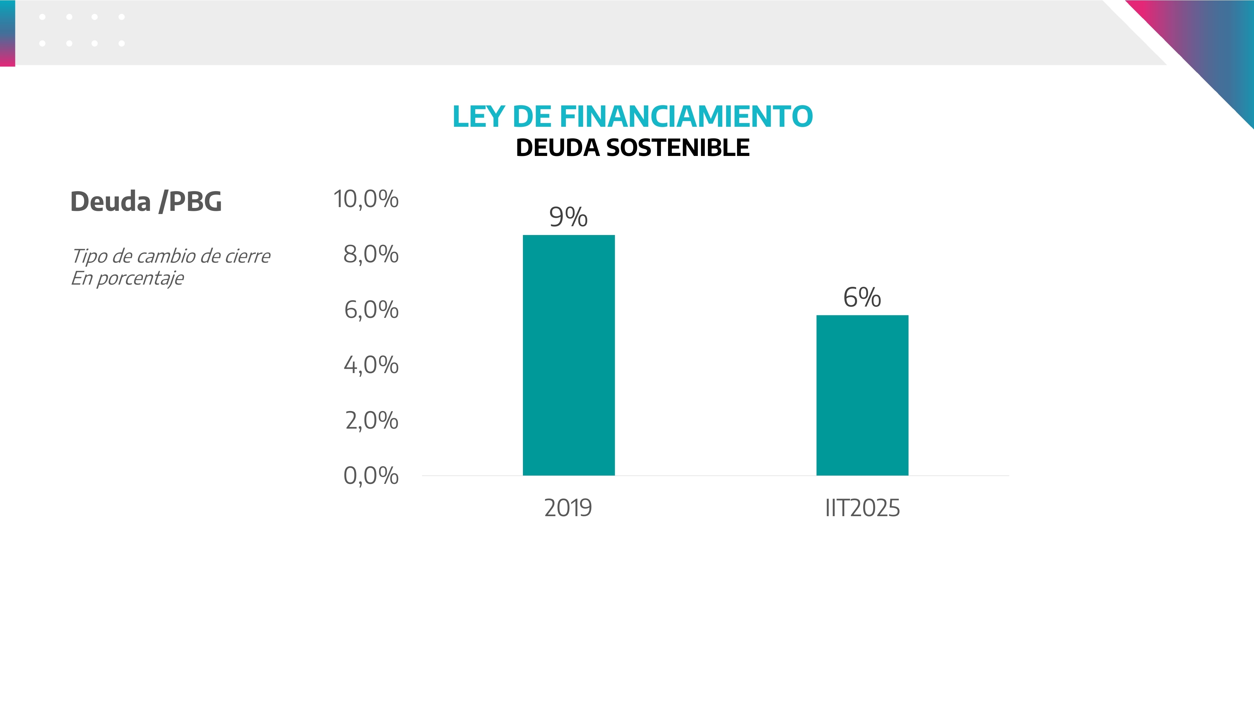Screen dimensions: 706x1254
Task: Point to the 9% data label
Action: coord(568,217)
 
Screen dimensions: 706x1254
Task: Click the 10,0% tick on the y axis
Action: coord(366,199)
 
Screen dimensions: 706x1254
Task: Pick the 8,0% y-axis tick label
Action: coord(371,254)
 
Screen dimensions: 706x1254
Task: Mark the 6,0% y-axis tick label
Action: coord(371,310)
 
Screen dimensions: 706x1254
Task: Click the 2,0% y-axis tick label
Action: coord(371,420)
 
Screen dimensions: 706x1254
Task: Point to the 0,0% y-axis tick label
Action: coord(371,476)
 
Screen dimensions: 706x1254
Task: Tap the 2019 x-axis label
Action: coord(568,508)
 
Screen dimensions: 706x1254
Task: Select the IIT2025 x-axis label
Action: coord(862,508)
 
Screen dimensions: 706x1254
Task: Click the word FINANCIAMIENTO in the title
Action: coord(686,117)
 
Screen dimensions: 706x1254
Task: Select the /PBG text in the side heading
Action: coord(190,202)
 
